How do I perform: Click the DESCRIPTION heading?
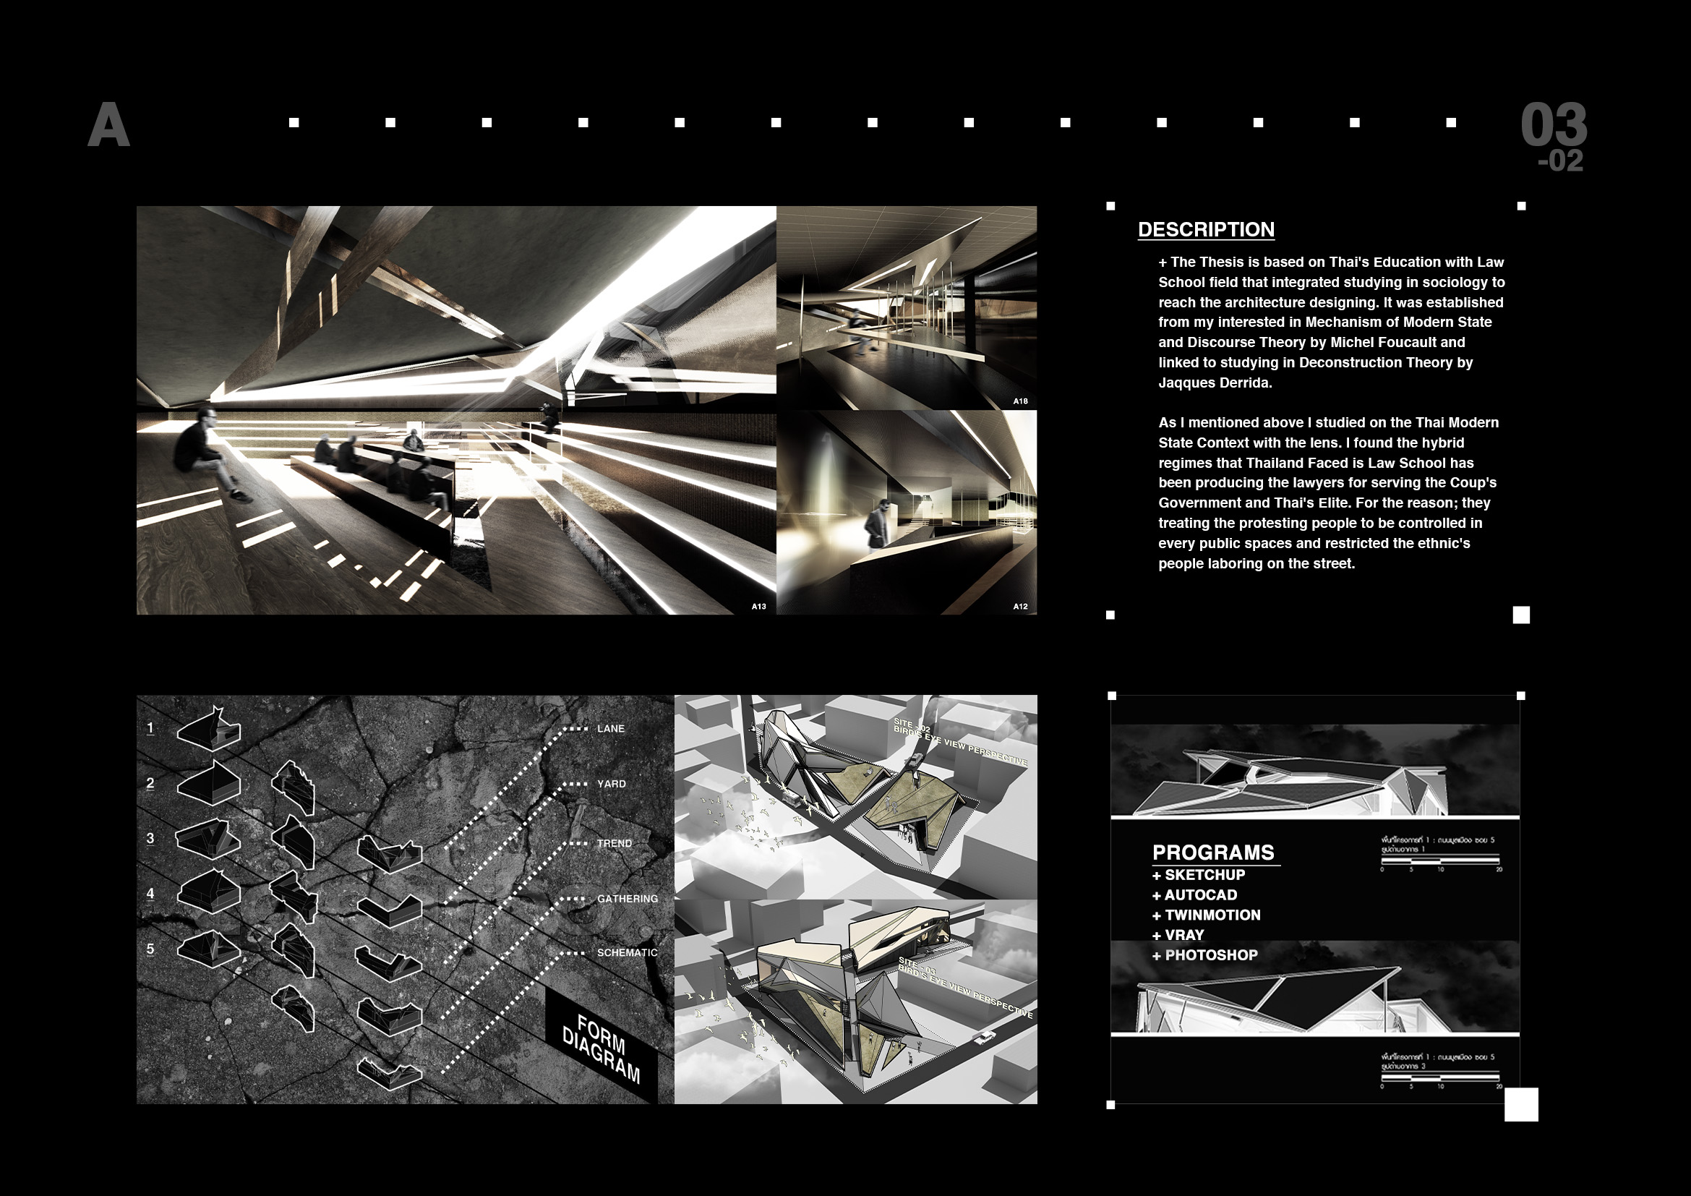[x=1206, y=230]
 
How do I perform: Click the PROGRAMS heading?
[x=1213, y=853]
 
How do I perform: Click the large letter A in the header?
[x=109, y=125]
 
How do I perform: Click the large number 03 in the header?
[x=1553, y=125]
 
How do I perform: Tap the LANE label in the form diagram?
[x=611, y=728]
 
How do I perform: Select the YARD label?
[x=612, y=784]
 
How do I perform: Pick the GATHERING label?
[x=628, y=899]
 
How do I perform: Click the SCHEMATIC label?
[x=627, y=952]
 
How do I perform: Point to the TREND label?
[x=615, y=843]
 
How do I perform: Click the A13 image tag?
[x=758, y=606]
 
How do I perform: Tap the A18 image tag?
[x=1020, y=401]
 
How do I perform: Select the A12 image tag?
[x=1020, y=606]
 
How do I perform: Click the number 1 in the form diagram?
[x=150, y=727]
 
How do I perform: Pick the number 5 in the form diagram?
[x=150, y=949]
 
